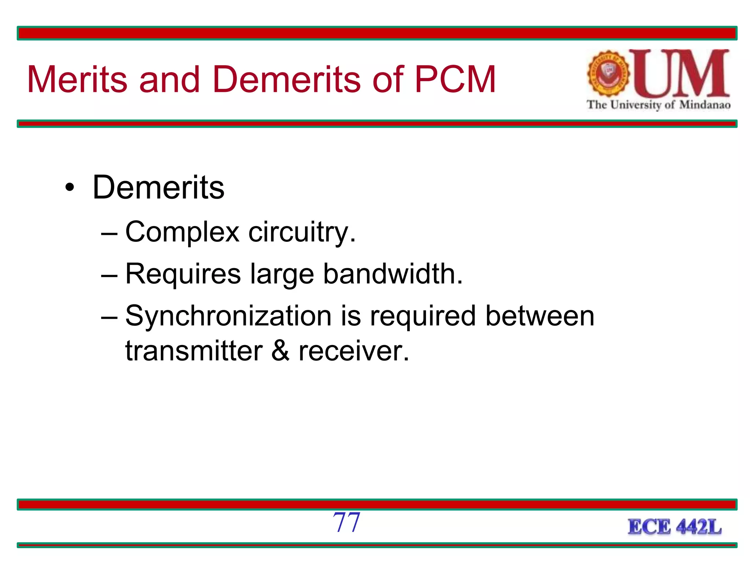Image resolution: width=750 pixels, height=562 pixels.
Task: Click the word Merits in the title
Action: click(x=77, y=79)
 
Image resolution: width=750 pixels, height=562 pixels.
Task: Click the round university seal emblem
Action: click(x=608, y=74)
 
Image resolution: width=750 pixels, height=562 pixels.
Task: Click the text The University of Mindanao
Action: click(x=658, y=105)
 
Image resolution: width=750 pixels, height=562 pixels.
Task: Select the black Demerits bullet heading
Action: click(x=158, y=187)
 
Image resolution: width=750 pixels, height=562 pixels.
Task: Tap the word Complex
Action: click(x=182, y=232)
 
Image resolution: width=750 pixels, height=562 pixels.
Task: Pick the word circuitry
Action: click(x=301, y=232)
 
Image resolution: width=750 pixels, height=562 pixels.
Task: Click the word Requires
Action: click(x=183, y=274)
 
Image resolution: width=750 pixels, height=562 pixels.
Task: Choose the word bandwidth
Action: click(x=393, y=274)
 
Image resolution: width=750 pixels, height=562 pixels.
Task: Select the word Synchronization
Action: click(x=228, y=316)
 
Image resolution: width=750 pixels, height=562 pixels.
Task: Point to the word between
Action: click(x=539, y=316)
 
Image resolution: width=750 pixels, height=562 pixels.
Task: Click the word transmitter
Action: click(x=194, y=351)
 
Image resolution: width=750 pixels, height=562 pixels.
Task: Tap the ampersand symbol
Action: click(x=281, y=351)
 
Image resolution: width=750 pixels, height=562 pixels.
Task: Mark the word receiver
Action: click(x=353, y=351)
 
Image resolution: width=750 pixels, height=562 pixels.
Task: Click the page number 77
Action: click(x=346, y=522)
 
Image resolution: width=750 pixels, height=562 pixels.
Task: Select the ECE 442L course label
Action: click(x=675, y=527)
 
